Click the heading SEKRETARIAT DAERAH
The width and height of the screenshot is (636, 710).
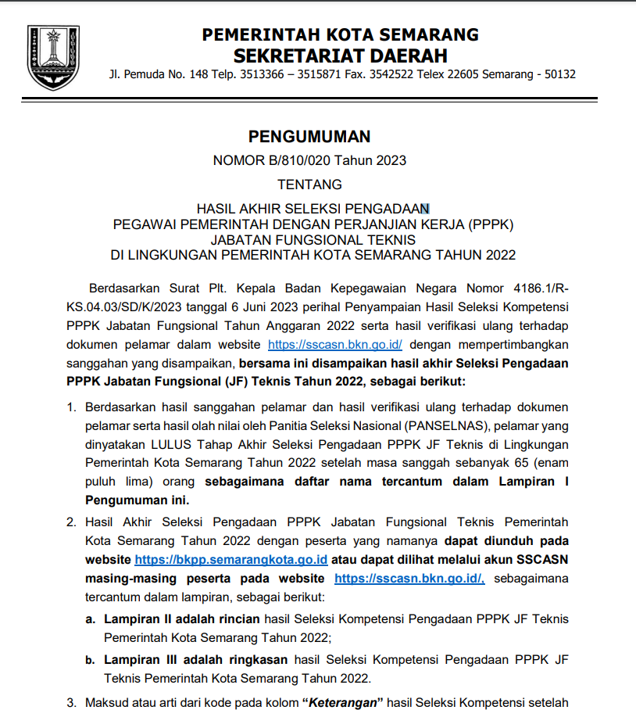point(341,56)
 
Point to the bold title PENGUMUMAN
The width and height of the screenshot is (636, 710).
point(309,137)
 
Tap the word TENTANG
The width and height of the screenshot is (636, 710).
point(309,185)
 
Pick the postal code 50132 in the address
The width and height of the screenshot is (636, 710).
point(560,75)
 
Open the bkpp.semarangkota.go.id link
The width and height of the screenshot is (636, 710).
point(230,561)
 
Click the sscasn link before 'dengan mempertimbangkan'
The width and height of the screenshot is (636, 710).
point(334,344)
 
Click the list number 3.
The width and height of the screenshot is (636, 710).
point(71,702)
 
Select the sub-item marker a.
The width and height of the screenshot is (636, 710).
point(90,619)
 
